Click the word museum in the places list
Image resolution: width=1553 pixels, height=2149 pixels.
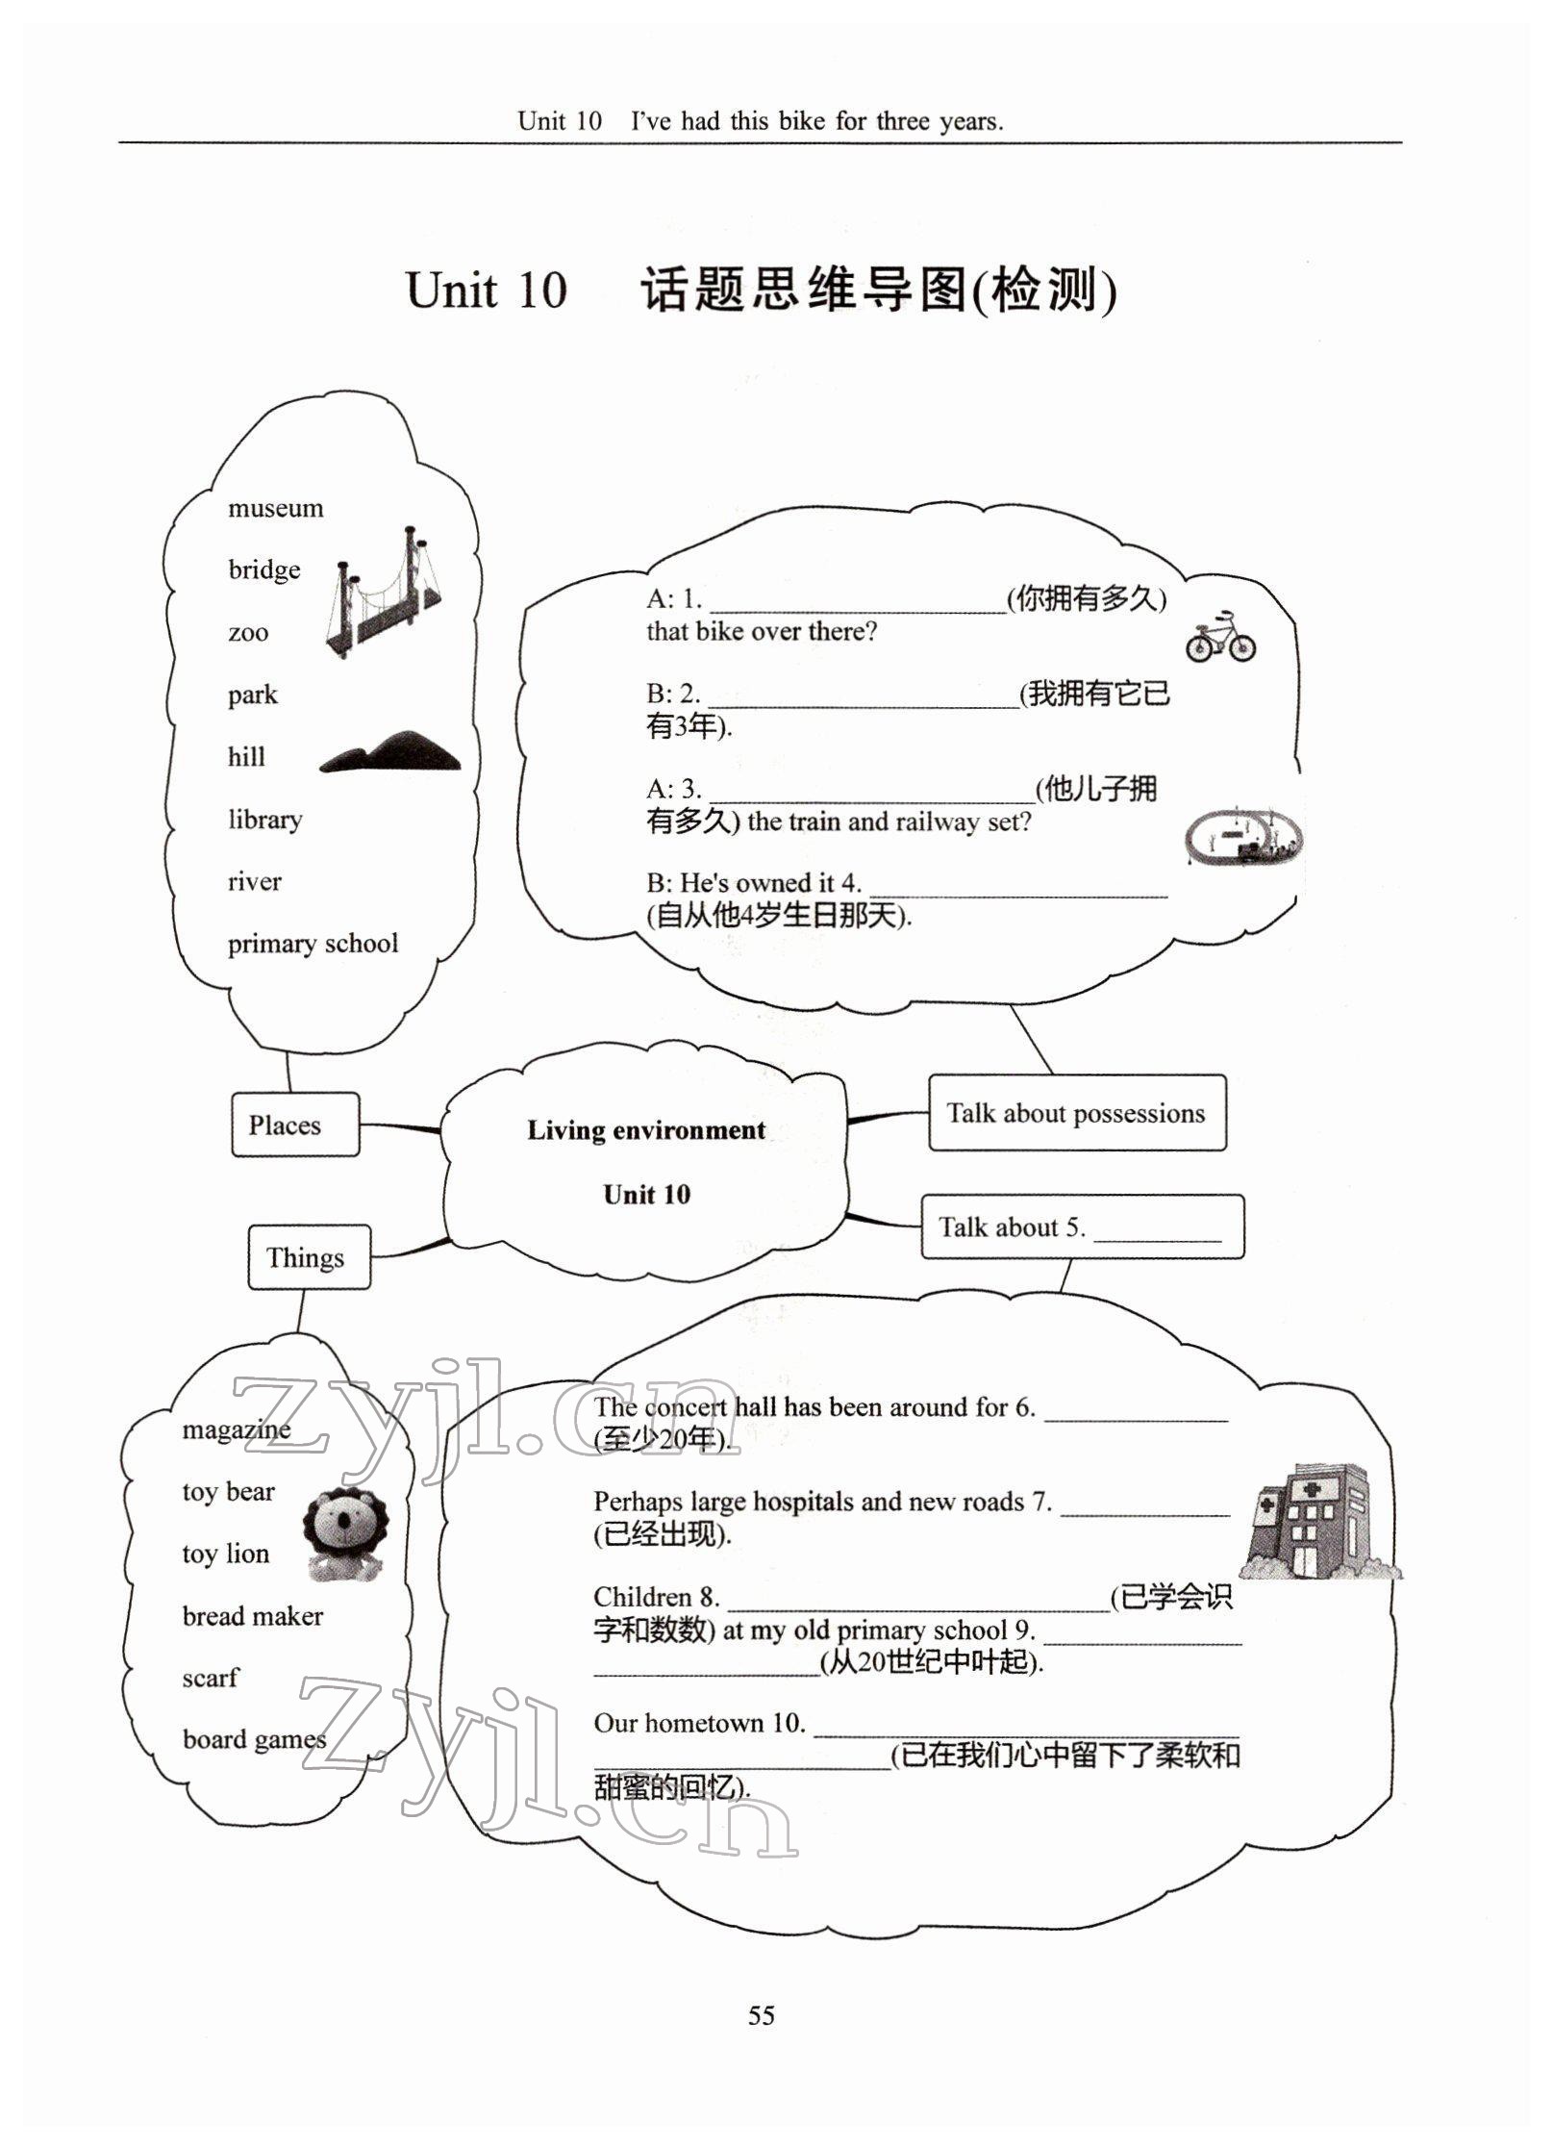(275, 508)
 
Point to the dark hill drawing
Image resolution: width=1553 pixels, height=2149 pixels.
(389, 751)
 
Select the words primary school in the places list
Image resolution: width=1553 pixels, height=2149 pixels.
(313, 944)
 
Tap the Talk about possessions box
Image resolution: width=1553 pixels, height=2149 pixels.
(1076, 1113)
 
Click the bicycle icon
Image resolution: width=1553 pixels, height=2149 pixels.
(1219, 637)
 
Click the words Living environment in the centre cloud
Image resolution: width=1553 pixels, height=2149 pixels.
(645, 1130)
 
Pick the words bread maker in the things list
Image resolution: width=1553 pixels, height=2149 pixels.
(253, 1616)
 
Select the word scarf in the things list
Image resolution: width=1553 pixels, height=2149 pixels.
(210, 1679)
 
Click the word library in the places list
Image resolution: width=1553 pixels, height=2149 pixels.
(265, 820)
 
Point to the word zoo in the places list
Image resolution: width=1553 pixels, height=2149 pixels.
(248, 633)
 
